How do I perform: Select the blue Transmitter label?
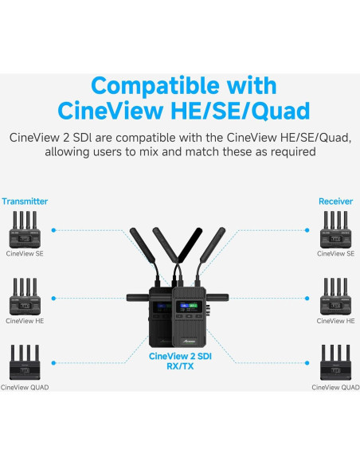(24, 202)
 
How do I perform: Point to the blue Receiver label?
(335, 202)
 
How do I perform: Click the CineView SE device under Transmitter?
(25, 230)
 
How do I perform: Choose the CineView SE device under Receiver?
(335, 230)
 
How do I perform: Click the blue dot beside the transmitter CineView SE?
(53, 230)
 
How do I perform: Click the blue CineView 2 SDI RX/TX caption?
(180, 361)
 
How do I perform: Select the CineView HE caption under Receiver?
(335, 321)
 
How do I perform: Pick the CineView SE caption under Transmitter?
(25, 253)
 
